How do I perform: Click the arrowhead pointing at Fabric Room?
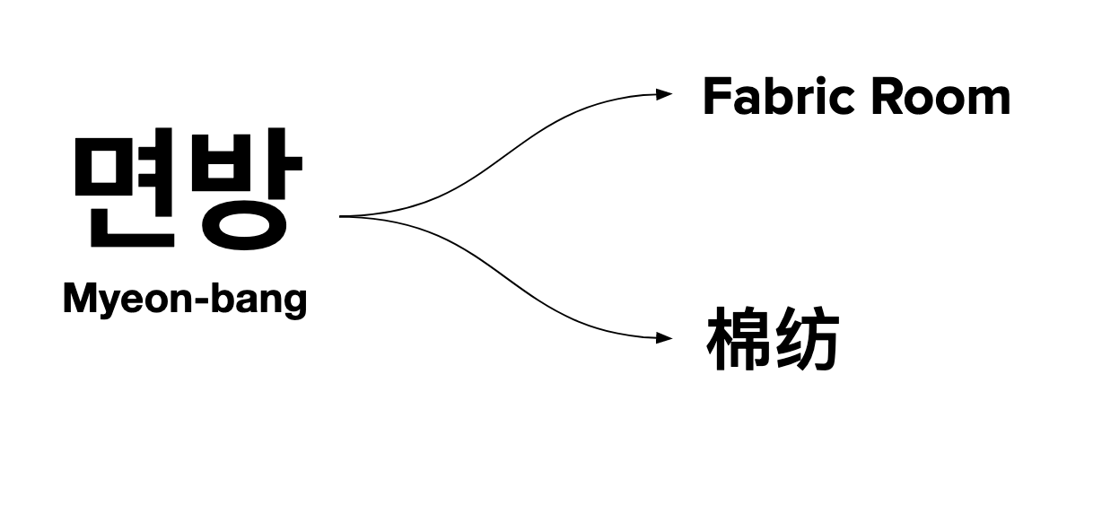(665, 93)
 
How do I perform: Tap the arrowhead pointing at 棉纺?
(665, 338)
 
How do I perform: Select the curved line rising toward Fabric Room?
(503, 157)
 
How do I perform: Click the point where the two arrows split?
(343, 216)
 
